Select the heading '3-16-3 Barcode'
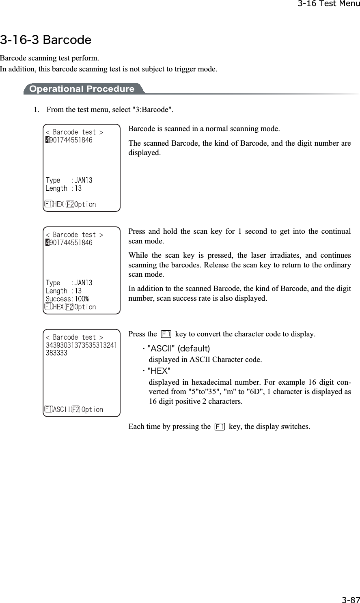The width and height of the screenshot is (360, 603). [45, 40]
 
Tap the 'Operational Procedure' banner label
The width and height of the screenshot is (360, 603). [82, 89]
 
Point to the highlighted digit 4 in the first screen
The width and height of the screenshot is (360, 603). [47, 140]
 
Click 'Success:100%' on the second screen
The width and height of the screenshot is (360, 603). [67, 299]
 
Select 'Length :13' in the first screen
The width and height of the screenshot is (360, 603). [64, 188]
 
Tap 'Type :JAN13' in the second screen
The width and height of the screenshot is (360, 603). [69, 283]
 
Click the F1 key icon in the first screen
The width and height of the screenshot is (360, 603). [48, 204]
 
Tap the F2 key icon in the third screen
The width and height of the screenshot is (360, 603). [75, 409]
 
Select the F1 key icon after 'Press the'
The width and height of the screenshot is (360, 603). [166, 334]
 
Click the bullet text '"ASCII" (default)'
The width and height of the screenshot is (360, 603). [179, 349]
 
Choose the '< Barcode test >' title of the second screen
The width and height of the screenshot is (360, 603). [74, 235]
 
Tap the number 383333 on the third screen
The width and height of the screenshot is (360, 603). [57, 353]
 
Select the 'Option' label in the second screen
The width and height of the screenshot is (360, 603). [85, 307]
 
